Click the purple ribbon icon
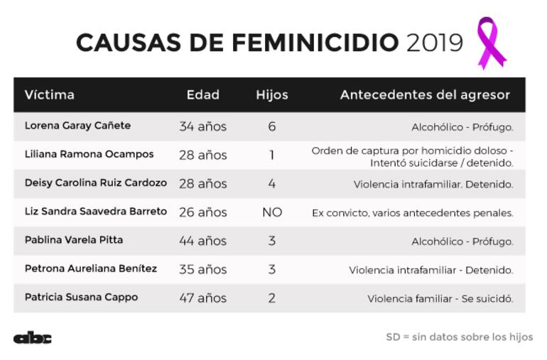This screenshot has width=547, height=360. (490, 43)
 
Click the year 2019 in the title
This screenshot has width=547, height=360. (434, 43)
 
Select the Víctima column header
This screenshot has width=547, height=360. (50, 94)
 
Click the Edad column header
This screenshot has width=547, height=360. (202, 94)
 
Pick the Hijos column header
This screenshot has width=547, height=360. (272, 94)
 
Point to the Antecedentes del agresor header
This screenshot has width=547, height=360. (425, 94)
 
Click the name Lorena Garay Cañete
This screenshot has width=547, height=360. (77, 126)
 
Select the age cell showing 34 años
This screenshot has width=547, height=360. (202, 126)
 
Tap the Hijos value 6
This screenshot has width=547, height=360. (272, 126)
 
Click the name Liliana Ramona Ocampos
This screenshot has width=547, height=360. (89, 154)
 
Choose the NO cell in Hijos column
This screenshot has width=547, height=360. (272, 212)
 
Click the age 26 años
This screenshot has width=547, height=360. (202, 212)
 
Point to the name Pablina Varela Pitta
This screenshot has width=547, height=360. (74, 240)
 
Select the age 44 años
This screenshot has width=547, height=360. (202, 241)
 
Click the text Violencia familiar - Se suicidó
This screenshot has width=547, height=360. (440, 298)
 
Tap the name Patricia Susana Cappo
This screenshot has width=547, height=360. (81, 297)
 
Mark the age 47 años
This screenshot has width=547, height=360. (202, 298)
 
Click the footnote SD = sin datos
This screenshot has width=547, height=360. (459, 337)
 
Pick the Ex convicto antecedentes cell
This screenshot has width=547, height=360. (412, 212)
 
